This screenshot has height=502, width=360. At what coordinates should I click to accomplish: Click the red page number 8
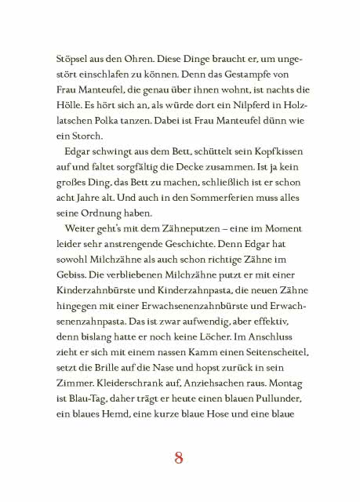pos(180,458)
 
